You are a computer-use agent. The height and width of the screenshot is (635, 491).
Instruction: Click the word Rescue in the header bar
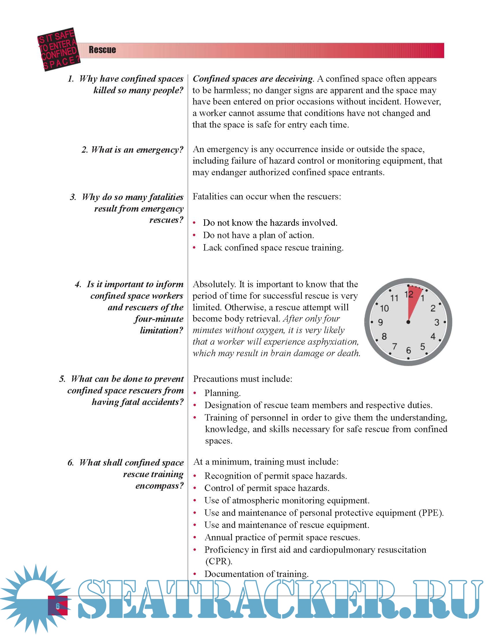(103, 50)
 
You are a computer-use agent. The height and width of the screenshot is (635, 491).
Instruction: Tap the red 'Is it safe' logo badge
(59, 49)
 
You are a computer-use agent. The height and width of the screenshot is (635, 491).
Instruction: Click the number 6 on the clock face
(408, 350)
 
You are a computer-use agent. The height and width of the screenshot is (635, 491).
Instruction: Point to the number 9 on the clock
(380, 322)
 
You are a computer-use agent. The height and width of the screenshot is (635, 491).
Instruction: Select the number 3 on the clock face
(437, 322)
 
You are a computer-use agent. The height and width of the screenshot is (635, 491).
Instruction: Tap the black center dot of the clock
(408, 322)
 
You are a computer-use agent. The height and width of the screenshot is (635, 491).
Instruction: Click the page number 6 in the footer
(57, 606)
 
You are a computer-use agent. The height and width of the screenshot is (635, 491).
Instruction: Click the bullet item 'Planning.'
(222, 393)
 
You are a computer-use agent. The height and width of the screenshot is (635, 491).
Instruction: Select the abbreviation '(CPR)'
(218, 561)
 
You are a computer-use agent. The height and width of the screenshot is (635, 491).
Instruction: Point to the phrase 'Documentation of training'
(256, 574)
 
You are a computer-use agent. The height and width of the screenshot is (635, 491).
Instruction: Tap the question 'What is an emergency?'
(132, 150)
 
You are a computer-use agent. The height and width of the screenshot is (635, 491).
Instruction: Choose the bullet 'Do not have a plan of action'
(258, 235)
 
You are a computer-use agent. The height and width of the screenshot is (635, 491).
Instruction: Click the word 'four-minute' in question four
(159, 319)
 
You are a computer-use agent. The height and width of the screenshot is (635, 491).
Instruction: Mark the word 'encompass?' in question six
(159, 486)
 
